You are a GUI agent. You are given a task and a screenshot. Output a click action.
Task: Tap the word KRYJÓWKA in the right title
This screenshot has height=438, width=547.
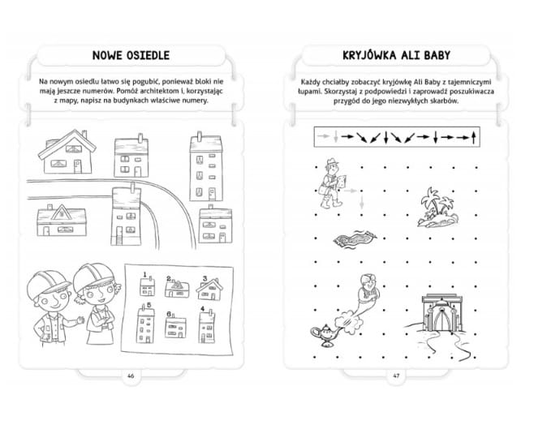click(369, 55)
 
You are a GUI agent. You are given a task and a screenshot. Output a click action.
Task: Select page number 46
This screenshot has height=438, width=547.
click(131, 376)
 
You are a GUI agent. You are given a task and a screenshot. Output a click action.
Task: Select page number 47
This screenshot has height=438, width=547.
click(396, 376)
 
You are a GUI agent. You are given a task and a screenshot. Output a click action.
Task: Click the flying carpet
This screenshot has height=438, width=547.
click(355, 239)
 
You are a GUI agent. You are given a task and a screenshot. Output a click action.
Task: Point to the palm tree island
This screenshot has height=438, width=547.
click(437, 208)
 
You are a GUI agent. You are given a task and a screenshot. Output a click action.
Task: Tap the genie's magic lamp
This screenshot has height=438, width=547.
click(325, 335)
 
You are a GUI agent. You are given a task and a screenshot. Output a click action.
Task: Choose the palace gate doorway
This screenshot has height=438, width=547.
click(442, 320)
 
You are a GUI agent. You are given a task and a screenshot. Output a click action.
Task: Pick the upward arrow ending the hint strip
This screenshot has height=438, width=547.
click(473, 137)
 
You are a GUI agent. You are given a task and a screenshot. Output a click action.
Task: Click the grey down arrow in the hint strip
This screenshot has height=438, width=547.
click(336, 137)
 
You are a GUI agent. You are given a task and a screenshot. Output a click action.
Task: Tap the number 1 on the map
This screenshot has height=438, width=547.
click(144, 275)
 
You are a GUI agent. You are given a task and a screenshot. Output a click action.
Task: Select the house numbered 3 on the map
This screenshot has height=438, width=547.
click(209, 290)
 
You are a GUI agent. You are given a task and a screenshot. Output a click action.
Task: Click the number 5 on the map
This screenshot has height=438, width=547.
click(149, 305)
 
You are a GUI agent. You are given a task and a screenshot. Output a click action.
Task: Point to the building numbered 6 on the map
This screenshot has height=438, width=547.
click(175, 327)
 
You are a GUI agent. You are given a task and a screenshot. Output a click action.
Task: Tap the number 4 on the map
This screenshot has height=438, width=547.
click(202, 308)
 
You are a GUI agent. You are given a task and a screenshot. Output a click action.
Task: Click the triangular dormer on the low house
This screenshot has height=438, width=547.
click(61, 213)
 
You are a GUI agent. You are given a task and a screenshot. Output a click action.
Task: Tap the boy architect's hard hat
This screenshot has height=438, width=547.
click(48, 285)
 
